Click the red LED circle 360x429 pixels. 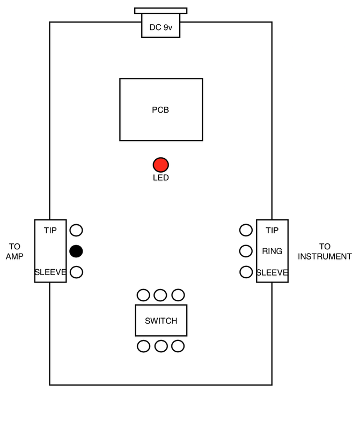coord(161,165)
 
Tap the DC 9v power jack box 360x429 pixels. coord(161,25)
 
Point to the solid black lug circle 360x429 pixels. coord(76,251)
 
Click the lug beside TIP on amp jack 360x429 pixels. coord(76,230)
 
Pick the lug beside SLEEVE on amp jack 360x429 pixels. coord(76,272)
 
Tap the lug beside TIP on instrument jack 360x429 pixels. coord(246,230)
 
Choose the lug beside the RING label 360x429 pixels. coord(246,251)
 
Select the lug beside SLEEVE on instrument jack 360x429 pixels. coord(246,272)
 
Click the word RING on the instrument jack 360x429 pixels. coord(272,251)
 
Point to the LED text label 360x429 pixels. coord(161,178)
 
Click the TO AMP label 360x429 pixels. coord(14,252)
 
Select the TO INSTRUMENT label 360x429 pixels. coord(325,252)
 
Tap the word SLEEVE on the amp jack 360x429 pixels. coord(50,272)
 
